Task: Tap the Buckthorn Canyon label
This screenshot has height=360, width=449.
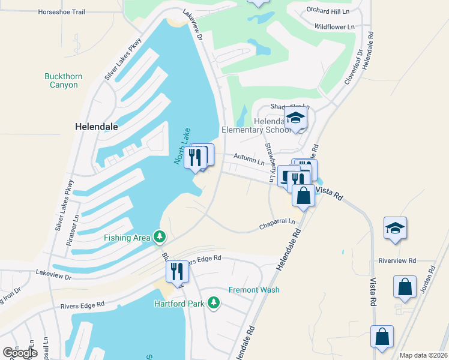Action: pos(64,80)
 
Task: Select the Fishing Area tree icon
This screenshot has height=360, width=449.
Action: pos(159,238)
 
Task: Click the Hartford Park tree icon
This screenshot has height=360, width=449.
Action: pos(213,303)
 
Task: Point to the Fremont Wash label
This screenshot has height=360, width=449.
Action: pos(254,290)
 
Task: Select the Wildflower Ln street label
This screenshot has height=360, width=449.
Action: pos(334,26)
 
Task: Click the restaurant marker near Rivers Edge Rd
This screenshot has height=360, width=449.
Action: pos(176,271)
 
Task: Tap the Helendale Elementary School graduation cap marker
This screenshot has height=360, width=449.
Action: pos(295,118)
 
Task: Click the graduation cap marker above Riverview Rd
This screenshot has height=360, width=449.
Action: pos(395,228)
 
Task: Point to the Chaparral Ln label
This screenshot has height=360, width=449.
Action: pos(277,223)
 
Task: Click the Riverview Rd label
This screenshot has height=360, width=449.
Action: pos(397,260)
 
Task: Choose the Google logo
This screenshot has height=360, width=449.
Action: pos(20,353)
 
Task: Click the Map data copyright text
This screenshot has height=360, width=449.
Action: pos(423,355)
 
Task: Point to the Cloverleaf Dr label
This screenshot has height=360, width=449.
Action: pos(353,67)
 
